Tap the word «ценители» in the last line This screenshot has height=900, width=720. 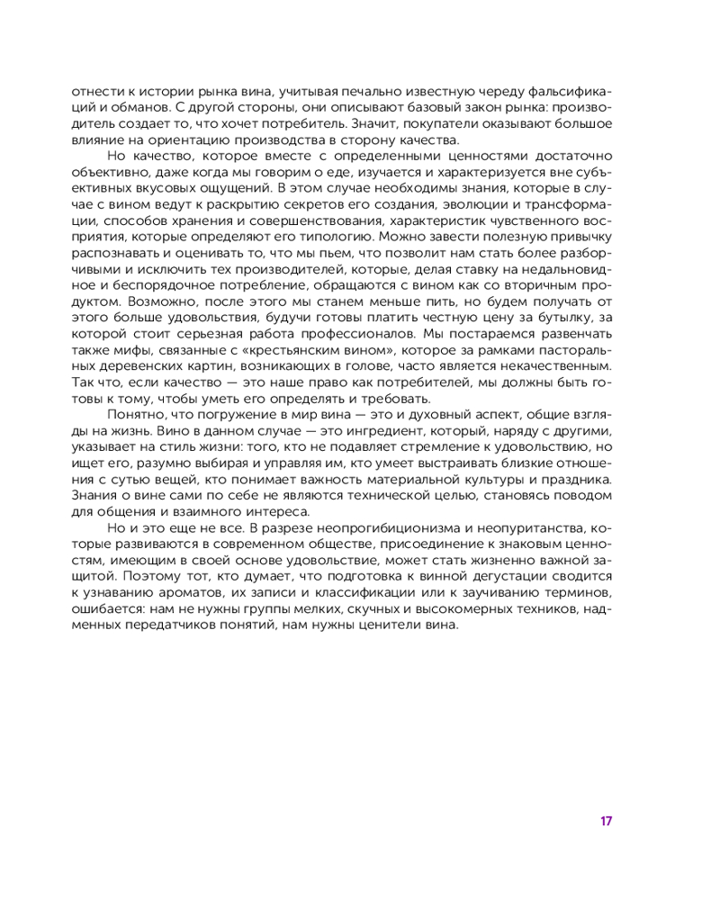(x=377, y=625)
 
